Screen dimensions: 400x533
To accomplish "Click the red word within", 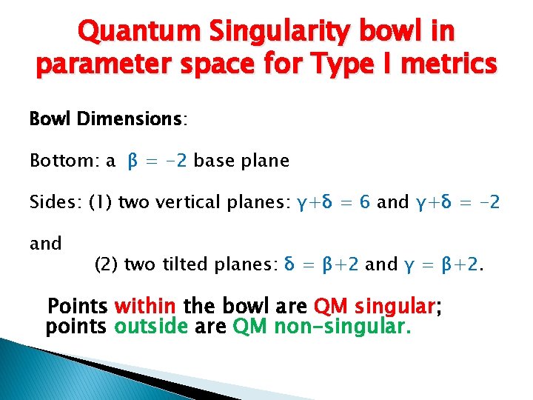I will point(146,305).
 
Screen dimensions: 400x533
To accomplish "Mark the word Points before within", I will point(78,305).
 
